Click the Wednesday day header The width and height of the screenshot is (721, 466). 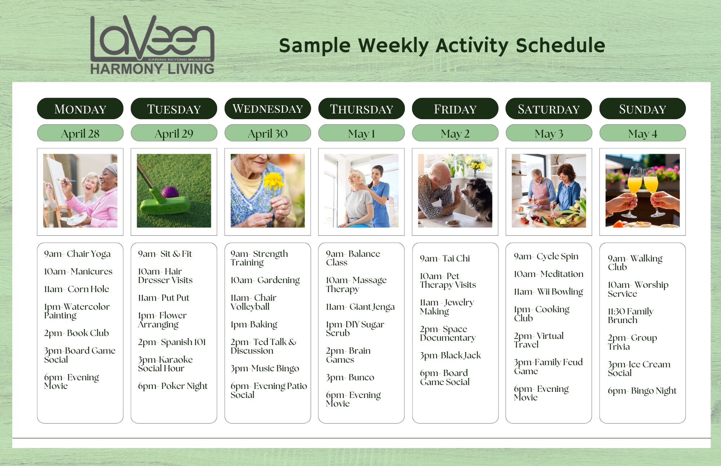click(267, 108)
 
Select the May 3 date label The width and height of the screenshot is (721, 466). click(549, 133)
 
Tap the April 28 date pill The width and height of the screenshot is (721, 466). click(80, 133)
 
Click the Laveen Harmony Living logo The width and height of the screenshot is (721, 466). click(152, 45)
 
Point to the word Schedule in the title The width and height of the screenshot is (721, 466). click(561, 45)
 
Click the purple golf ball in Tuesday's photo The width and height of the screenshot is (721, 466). click(170, 192)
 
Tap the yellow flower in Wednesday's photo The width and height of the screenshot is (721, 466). click(274, 182)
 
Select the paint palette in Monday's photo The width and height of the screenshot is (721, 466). click(76, 219)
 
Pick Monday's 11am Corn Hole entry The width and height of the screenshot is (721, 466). click(76, 289)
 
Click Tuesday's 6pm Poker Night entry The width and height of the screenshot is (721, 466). click(173, 386)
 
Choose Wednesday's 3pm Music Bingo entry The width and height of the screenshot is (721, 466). click(265, 368)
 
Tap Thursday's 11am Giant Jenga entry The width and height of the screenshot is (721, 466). click(360, 307)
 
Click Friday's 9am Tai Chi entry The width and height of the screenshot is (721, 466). click(445, 259)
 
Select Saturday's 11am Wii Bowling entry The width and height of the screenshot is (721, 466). click(548, 292)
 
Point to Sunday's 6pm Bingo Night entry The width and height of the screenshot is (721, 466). click(642, 391)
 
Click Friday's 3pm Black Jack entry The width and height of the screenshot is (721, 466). click(451, 355)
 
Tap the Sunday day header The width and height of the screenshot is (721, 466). click(642, 108)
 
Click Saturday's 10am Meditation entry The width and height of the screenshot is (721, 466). click(549, 274)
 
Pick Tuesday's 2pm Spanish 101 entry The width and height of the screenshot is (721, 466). click(172, 342)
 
